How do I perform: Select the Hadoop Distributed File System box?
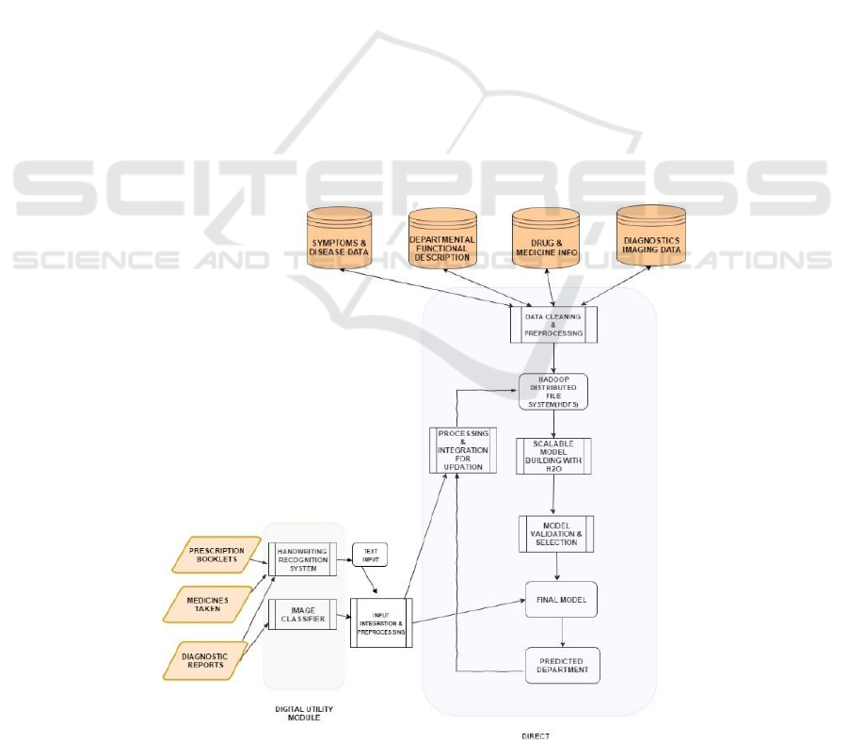point(553,391)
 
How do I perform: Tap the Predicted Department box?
point(561,665)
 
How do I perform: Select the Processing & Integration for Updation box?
point(462,449)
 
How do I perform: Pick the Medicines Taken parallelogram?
point(216,603)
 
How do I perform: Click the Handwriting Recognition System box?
point(302,558)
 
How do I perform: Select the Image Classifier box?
point(302,613)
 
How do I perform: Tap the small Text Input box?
point(369,555)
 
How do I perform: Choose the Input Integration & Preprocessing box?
point(381,621)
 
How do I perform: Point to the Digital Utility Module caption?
point(303,711)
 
